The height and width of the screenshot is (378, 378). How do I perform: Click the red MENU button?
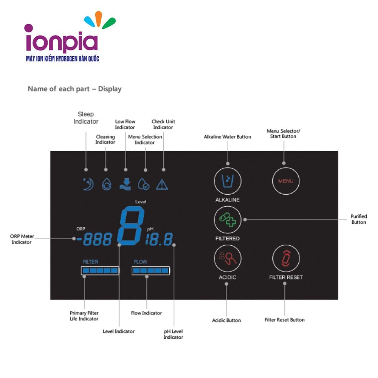coord(286,181)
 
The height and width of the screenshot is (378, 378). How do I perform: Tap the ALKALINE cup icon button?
coord(228,181)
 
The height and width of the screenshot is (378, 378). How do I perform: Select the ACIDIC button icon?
coord(228,259)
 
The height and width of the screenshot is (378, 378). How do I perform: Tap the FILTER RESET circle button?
coord(286,259)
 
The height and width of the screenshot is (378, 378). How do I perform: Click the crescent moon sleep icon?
coord(88,184)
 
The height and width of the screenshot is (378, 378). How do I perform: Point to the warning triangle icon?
coord(162,185)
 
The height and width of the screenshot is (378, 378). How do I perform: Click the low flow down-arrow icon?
coord(125,184)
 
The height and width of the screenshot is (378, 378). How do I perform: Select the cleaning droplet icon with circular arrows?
coord(107,184)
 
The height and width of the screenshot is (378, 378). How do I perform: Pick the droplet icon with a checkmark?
coord(143,184)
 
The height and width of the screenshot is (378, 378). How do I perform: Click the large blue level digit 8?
coord(131,226)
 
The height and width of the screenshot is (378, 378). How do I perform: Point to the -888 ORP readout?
coord(94,239)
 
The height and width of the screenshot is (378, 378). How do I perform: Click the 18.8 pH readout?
coord(159,239)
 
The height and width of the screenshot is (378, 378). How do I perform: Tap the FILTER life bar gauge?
coord(100,271)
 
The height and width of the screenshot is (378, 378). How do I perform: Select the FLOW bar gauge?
coord(151,271)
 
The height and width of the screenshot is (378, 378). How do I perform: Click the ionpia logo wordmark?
coord(61,40)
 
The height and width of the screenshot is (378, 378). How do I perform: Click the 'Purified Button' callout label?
coord(359,219)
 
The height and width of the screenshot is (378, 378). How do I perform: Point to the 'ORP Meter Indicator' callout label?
coord(22,239)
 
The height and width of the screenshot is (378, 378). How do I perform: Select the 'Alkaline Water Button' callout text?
coord(227,137)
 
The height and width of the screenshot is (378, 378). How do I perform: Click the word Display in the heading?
coord(110,89)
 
